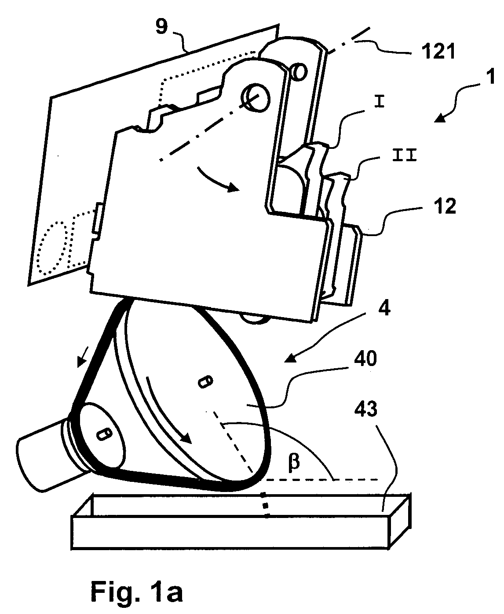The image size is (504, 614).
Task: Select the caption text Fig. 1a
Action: [x=137, y=592]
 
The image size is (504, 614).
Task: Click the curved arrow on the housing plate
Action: [x=216, y=181]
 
